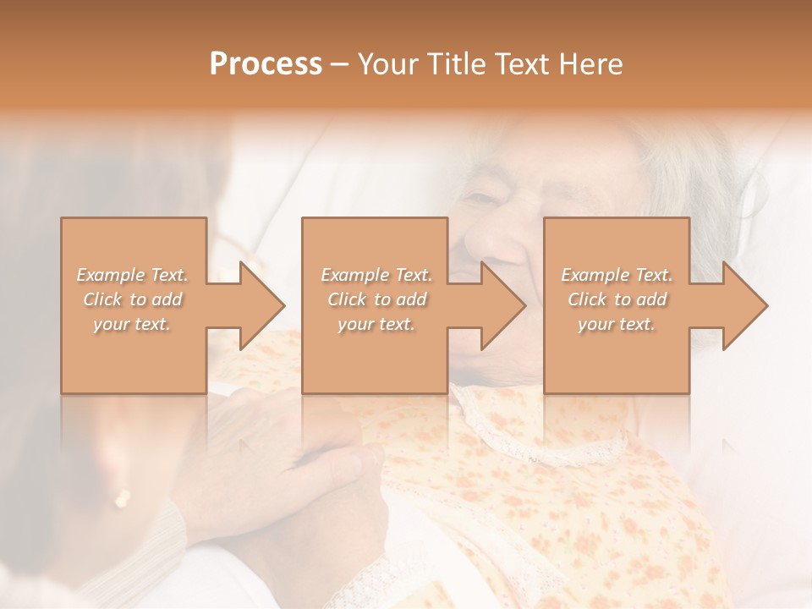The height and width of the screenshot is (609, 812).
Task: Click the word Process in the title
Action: click(x=266, y=64)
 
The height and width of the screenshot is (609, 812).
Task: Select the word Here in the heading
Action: click(x=592, y=64)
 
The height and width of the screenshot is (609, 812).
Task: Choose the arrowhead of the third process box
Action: click(x=744, y=305)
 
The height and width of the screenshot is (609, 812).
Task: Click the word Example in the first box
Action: click(x=110, y=275)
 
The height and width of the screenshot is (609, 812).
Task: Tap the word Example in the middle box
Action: click(x=354, y=275)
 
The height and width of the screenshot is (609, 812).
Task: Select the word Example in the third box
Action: click(x=594, y=275)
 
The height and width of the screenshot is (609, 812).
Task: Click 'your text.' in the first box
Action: click(x=132, y=324)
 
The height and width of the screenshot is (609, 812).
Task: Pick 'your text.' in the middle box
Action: click(x=376, y=324)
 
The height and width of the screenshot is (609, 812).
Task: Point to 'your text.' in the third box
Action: click(x=617, y=324)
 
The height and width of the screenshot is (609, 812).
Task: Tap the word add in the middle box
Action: click(x=411, y=299)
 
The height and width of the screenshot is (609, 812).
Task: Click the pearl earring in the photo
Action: click(x=123, y=499)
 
